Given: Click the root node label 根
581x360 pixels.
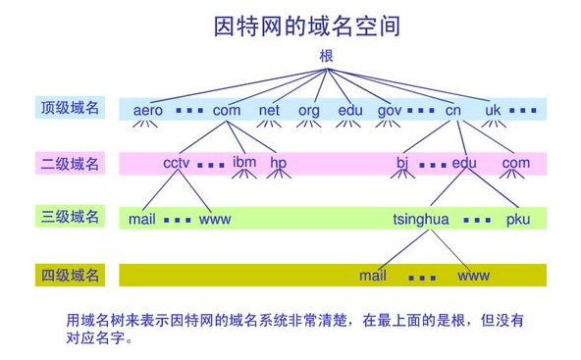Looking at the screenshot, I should click(x=327, y=56).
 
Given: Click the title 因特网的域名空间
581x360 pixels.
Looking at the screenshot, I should click(x=306, y=26).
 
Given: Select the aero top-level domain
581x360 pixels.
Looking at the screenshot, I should click(x=148, y=110).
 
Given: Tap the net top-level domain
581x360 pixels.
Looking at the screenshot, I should click(x=269, y=110).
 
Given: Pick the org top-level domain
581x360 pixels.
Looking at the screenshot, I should click(x=308, y=110).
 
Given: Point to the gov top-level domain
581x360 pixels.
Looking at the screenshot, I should click(x=390, y=110).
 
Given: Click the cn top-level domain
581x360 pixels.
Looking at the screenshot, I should click(x=452, y=110).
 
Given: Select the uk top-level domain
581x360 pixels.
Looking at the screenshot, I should click(x=493, y=110).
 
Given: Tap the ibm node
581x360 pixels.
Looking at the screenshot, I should click(x=244, y=162).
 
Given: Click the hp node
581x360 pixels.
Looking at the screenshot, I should click(x=279, y=163).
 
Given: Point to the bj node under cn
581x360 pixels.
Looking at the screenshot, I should click(x=401, y=163).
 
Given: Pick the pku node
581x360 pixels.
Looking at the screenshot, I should click(x=518, y=219).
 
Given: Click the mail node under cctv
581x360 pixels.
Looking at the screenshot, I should click(x=142, y=219).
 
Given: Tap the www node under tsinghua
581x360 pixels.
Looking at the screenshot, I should click(x=473, y=276).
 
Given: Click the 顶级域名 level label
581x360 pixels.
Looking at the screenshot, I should click(x=70, y=108).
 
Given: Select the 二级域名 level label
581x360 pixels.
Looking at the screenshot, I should click(x=70, y=164).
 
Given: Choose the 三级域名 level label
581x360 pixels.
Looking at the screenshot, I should click(x=70, y=218).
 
